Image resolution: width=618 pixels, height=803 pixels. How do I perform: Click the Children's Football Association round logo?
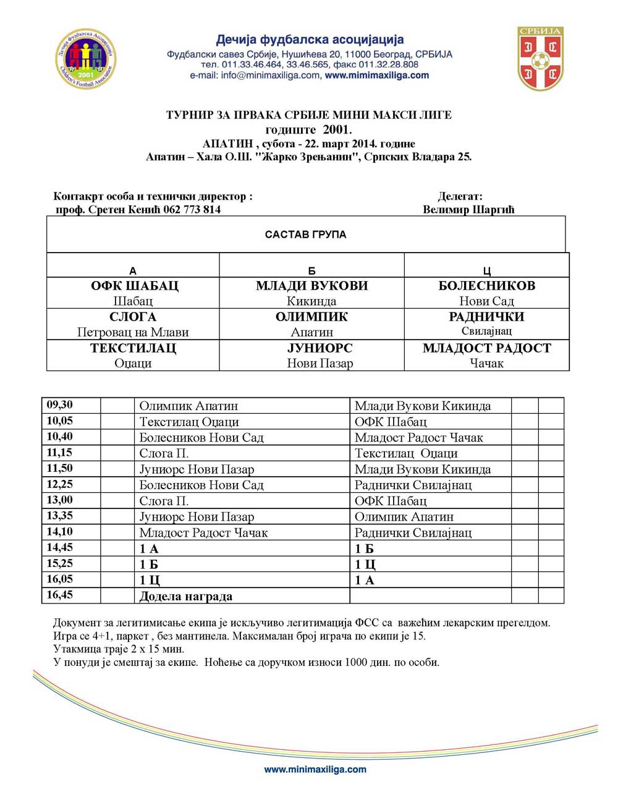(86, 59)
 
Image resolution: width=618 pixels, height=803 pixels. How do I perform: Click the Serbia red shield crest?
(540, 58)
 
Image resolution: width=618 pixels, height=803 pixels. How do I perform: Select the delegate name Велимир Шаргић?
(468, 209)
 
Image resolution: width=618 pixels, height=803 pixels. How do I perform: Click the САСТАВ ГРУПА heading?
(305, 235)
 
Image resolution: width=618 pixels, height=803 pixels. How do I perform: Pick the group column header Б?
(311, 271)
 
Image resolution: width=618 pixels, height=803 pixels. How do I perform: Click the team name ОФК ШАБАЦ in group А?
(134, 286)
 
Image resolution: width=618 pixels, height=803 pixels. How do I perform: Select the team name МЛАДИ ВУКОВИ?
(311, 286)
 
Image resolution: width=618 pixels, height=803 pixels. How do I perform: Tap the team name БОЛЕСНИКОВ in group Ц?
(486, 286)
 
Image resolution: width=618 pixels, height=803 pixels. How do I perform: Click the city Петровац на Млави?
(133, 332)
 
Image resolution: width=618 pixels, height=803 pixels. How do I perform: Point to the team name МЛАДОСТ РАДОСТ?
(486, 348)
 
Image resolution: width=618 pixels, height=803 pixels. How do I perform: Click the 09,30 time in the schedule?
(60, 405)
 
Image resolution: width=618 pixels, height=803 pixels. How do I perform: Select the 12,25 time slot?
(60, 484)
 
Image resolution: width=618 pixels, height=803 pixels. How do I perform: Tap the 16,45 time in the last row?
(60, 595)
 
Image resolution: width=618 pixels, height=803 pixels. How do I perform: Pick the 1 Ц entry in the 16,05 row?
(149, 580)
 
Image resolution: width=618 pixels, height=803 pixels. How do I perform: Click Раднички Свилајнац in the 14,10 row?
(413, 532)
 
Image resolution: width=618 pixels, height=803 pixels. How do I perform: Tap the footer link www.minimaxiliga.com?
(315, 770)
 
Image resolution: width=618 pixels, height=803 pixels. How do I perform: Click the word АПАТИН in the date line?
(227, 144)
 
